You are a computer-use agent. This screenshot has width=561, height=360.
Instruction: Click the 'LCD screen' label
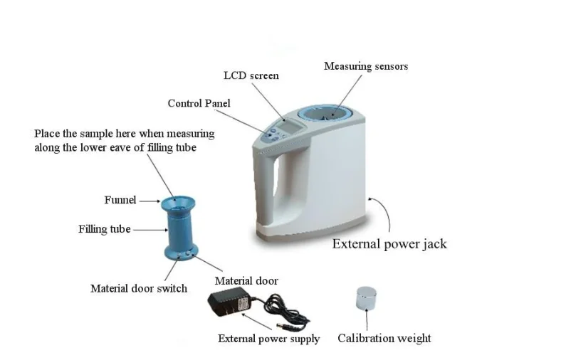(x=251, y=75)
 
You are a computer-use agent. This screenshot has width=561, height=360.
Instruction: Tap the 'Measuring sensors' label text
(x=366, y=66)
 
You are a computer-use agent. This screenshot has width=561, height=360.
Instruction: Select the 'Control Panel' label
(x=199, y=103)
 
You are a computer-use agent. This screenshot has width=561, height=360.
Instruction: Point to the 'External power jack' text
(x=389, y=244)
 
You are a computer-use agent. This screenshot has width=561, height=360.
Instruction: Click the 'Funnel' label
(x=120, y=200)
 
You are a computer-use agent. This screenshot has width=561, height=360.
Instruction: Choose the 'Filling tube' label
(x=104, y=229)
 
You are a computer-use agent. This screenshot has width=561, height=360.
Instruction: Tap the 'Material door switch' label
(x=139, y=288)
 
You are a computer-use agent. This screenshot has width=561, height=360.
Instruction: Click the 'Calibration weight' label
(x=384, y=338)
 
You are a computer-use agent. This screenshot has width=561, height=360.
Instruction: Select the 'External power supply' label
(x=268, y=339)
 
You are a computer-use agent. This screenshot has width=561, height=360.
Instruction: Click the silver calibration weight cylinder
(x=366, y=297)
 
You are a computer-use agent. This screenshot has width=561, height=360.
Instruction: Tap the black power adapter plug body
(x=225, y=304)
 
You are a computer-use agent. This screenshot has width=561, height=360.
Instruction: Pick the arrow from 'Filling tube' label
(x=149, y=229)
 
